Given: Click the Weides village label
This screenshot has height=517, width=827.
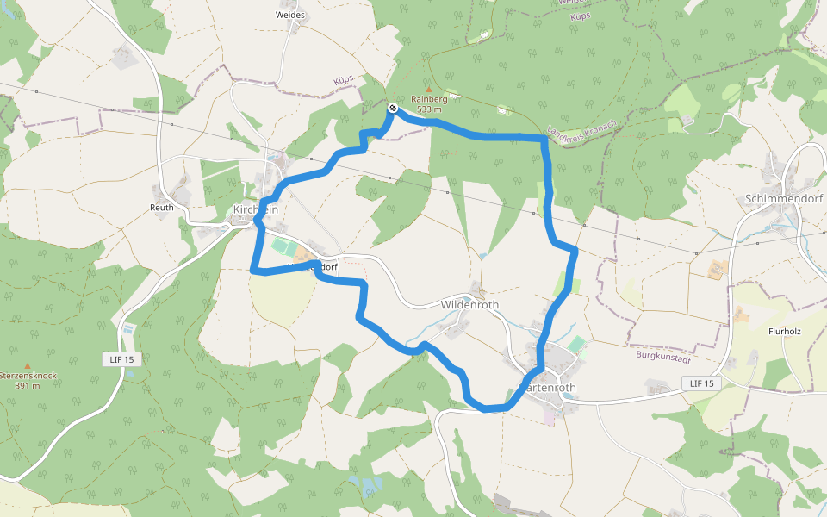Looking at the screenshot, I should coord(289,16).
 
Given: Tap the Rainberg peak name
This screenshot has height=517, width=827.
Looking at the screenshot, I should coord(429,99).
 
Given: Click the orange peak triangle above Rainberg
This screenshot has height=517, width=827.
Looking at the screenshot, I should coord(429,88).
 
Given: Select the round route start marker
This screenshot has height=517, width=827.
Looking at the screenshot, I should coord(392,108).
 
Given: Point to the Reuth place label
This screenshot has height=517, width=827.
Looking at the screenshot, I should coord(162,208).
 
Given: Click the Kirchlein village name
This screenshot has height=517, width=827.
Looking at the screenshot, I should coord(255,209).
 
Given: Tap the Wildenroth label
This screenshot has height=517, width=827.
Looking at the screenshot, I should coord(469,304).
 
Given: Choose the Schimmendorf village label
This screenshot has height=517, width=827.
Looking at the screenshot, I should coord(784,198).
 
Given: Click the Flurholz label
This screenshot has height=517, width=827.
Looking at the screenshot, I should coord(785,330).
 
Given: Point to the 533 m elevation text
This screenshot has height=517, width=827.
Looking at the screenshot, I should coord(429,109).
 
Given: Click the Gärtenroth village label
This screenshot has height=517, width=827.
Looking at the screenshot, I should coord(551,388).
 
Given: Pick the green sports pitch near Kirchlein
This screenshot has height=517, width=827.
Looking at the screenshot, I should coord(283,247).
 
